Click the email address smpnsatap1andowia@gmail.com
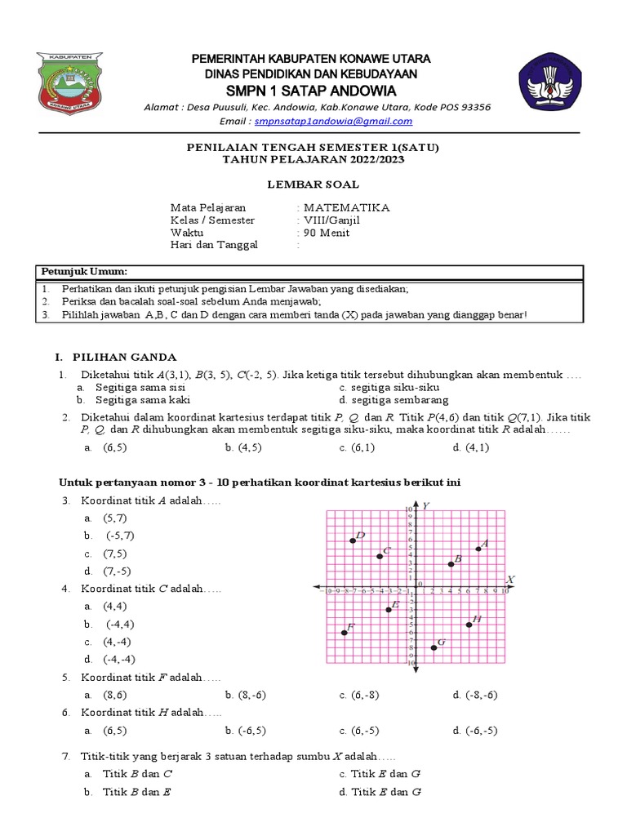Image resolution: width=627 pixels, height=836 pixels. (x=333, y=121)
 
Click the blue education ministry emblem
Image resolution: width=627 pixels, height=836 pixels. (x=551, y=84)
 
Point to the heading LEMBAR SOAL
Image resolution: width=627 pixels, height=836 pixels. (x=313, y=185)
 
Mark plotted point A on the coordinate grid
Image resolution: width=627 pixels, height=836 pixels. (x=478, y=549)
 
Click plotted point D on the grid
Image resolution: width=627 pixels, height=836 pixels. (x=353, y=540)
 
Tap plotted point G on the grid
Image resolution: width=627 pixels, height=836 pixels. (x=434, y=647)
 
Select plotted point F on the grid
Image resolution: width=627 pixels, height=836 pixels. (x=345, y=633)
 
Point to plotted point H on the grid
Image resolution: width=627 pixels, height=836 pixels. (x=469, y=625)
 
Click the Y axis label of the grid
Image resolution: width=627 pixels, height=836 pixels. (x=426, y=506)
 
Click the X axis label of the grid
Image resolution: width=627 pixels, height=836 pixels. (x=510, y=580)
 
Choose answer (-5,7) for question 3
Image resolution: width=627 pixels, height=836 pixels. (x=120, y=536)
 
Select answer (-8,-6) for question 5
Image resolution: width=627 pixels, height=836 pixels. (x=482, y=695)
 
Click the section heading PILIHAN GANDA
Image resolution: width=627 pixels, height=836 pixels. (x=131, y=357)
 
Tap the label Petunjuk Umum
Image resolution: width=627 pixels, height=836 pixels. (x=84, y=271)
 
